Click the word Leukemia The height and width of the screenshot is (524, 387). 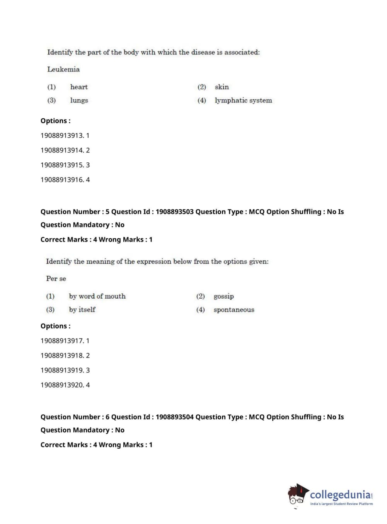[x=63, y=70]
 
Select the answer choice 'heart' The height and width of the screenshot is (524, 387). [x=79, y=87]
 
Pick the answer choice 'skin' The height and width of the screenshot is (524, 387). [x=222, y=87]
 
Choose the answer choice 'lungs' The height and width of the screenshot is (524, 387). [x=79, y=100]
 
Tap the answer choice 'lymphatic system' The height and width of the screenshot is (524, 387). [x=243, y=100]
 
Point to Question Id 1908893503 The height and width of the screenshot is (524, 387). [x=174, y=212]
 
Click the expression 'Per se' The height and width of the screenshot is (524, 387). [x=56, y=279]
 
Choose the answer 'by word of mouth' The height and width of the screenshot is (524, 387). [x=97, y=296]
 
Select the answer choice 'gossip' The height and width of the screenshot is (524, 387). [x=223, y=296]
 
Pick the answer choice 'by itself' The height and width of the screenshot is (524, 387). [x=82, y=310]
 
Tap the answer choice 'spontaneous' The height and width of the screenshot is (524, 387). [x=234, y=310]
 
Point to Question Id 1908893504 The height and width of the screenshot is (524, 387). [x=174, y=417]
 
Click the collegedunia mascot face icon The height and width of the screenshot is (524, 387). [x=297, y=495]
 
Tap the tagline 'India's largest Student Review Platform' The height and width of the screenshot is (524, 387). [x=341, y=504]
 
